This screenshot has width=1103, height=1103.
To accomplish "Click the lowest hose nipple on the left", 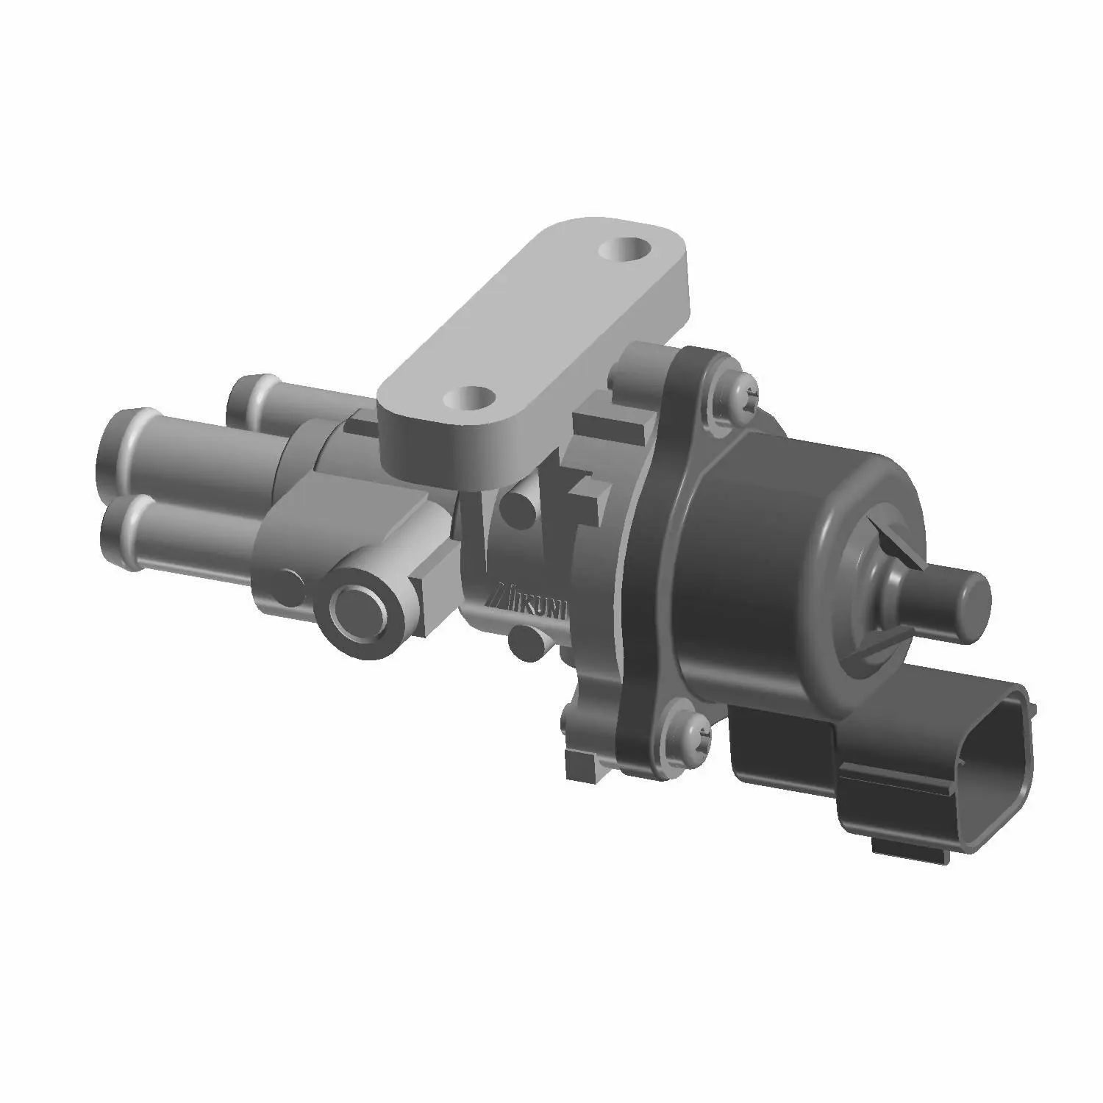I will click(x=121, y=531).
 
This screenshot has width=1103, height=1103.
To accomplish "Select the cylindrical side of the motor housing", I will click(x=743, y=559).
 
